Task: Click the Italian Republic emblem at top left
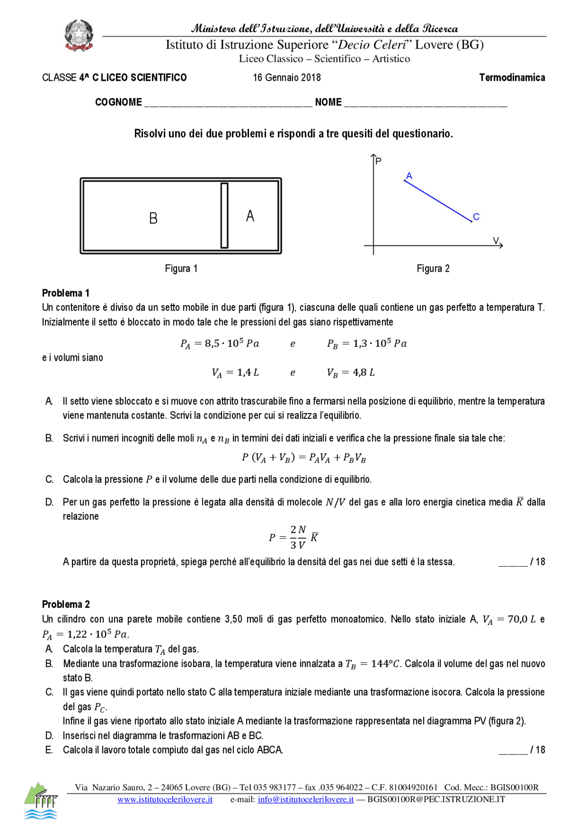pos(79,35)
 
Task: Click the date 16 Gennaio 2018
pos(287,78)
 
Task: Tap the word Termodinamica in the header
pos(512,78)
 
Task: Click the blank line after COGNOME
pos(228,103)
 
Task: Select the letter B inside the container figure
pos(154,218)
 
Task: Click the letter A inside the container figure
pos(250,216)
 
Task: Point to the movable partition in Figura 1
pos(224,216)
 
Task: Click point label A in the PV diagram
pos(409,176)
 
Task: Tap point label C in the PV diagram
pos(476,217)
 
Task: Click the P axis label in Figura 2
pos(378,161)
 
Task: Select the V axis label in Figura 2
pos(496,240)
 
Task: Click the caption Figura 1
pos(181,268)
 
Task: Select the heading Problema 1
pos(66,293)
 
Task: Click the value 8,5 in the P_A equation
pos(212,343)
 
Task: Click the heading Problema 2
pos(66,604)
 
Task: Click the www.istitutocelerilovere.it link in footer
pos(165,799)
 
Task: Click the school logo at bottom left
pos(41,800)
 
